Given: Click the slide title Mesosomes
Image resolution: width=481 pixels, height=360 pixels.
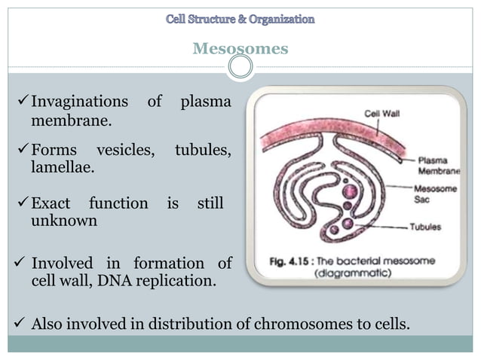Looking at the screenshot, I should [240, 49].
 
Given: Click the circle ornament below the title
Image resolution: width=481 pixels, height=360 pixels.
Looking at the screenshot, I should [240, 68].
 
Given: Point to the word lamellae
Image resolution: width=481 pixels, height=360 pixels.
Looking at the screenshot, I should [63, 168].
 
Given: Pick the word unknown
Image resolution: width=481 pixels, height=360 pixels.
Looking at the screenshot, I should [63, 221].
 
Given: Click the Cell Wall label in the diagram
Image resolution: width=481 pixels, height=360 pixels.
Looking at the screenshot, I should [381, 113].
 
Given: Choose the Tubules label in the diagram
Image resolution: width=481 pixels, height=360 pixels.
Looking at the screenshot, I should [426, 226].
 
